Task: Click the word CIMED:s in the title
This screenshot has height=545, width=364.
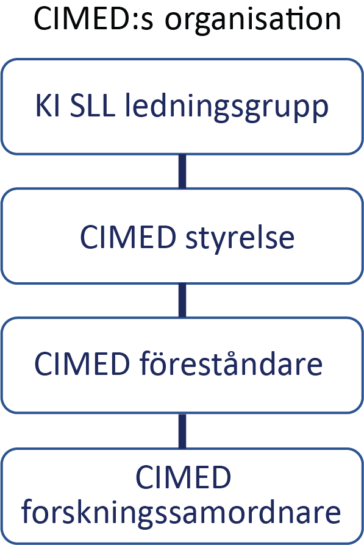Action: point(93,19)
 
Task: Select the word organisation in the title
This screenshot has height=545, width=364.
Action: point(253,20)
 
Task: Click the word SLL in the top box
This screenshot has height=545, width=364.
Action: point(92,105)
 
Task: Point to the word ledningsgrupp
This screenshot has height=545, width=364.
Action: point(226,107)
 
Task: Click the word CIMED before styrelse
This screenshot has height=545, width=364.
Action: point(128,237)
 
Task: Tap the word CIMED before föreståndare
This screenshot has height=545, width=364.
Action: point(82,364)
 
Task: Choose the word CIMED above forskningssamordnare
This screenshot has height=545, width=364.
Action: point(183,477)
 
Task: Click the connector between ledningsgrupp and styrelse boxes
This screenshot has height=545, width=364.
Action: point(182,171)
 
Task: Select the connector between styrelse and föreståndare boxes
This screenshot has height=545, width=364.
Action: point(182,301)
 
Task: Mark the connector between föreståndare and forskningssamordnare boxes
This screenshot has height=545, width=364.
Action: point(182,431)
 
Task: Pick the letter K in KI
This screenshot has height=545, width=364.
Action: point(44,105)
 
